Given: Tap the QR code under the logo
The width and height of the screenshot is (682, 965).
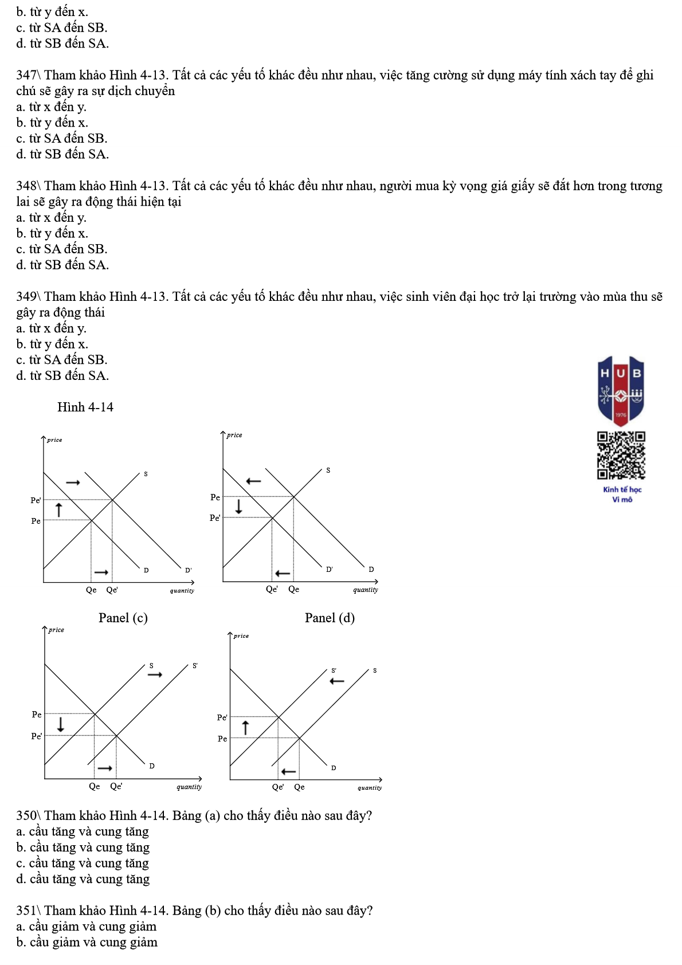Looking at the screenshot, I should point(621,455).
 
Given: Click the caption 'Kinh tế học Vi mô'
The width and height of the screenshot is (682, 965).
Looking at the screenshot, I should point(622,494).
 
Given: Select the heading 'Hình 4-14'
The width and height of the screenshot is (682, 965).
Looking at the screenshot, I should point(85,407).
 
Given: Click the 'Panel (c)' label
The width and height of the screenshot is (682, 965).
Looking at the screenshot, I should point(123,618).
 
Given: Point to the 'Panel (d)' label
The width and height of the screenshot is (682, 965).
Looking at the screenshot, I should point(330,618).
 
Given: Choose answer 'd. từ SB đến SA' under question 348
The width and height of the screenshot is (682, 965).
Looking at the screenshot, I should point(62,265).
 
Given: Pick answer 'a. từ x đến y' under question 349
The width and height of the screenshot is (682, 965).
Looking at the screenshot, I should point(52,328).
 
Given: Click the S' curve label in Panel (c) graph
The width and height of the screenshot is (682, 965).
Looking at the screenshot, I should point(195,666).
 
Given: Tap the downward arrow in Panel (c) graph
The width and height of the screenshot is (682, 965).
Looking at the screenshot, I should point(60,724).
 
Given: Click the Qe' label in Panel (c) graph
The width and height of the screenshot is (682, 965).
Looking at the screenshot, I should point(116,786).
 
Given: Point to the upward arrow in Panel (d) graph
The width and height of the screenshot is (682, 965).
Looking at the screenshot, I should point(246,728).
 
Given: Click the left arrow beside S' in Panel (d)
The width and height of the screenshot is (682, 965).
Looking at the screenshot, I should point(336,681).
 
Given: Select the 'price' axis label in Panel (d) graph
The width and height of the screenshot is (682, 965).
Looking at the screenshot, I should point(241,636).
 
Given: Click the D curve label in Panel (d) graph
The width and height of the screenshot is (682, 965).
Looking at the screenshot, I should point(334,768).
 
